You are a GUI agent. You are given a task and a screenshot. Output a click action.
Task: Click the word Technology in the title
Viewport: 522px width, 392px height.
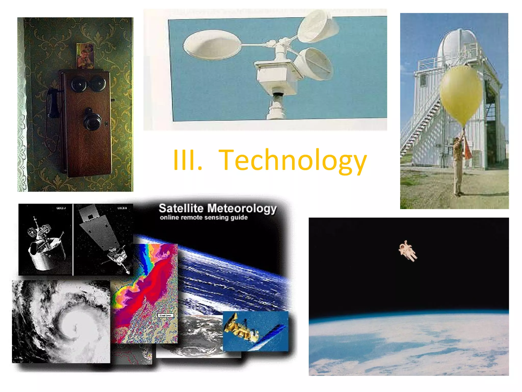pos(293,160)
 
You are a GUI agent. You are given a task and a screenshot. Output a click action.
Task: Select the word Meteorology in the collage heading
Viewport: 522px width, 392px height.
pos(242,209)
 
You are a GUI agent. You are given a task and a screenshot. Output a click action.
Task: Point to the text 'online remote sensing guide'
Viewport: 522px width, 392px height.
pos(204,217)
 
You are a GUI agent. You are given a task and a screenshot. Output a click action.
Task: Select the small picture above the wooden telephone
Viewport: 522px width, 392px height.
pos(85,56)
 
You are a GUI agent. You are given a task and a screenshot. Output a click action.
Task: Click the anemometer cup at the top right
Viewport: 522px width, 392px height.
pos(317,27)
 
